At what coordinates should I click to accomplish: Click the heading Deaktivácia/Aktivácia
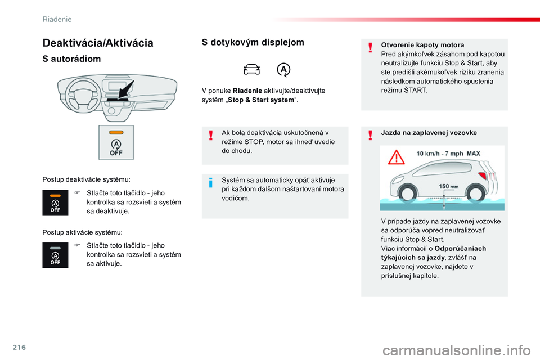[98, 43]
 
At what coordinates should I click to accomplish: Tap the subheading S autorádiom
[71, 58]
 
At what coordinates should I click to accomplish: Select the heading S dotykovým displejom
[253, 42]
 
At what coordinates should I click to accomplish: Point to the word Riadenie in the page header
[57, 19]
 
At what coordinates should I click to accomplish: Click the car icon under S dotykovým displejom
[252, 70]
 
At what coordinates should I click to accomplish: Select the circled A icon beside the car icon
[284, 70]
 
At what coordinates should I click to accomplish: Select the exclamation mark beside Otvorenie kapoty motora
[371, 47]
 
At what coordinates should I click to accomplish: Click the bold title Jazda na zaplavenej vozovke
[429, 133]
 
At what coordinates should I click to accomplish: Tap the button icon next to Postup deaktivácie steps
[55, 203]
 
